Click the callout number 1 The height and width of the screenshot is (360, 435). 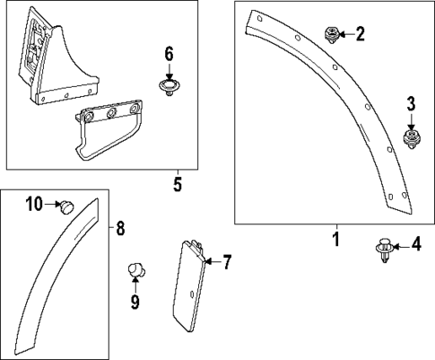(x=336, y=240)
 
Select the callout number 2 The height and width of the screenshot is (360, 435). (x=360, y=35)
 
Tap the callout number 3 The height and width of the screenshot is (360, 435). (x=412, y=104)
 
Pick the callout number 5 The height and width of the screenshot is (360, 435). (x=178, y=186)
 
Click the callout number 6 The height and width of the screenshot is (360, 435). (x=168, y=53)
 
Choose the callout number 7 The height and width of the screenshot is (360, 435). (x=227, y=262)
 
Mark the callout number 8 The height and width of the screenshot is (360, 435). (x=121, y=228)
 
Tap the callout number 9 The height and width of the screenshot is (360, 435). (x=135, y=302)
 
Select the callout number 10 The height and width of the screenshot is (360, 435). (x=34, y=205)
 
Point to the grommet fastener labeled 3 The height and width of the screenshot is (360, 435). (x=412, y=138)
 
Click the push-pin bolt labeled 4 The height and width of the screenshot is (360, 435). (x=385, y=250)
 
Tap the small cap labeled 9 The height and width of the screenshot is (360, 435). (x=135, y=269)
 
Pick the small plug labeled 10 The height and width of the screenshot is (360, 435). (x=65, y=207)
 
